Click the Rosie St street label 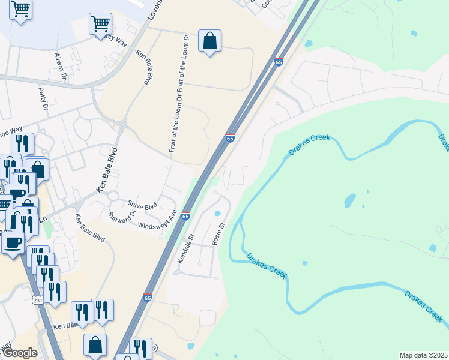pos(218,234)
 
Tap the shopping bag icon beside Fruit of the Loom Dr pos(209,41)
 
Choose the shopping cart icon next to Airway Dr pos(100,24)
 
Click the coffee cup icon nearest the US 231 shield pos(13,242)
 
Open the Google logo pos(19,353)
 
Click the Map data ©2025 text pos(423,355)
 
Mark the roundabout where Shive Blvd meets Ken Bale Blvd pos(112,196)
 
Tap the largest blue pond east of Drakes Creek pos(349,200)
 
